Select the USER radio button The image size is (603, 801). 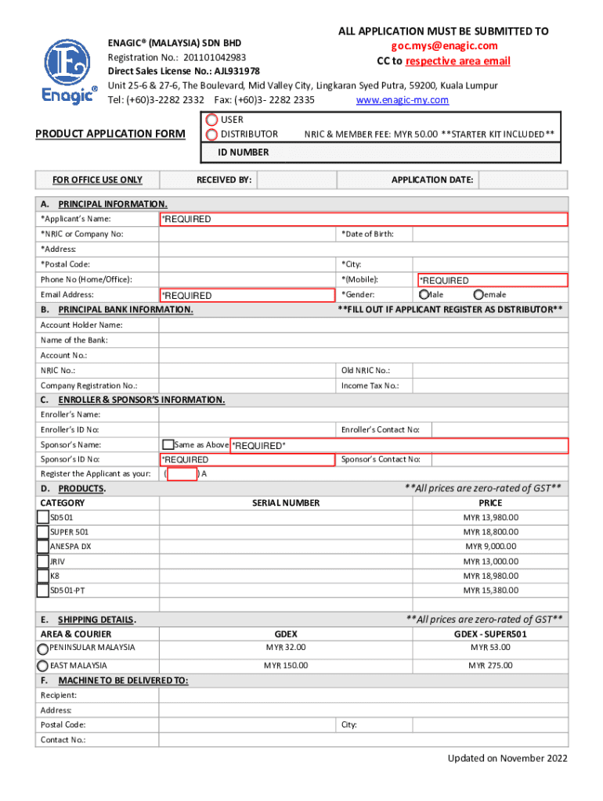click(211, 120)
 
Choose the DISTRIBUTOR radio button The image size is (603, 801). click(211, 135)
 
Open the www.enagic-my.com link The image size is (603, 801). click(402, 100)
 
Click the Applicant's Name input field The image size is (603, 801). click(363, 219)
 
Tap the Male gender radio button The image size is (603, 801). click(424, 294)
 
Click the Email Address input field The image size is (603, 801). click(247, 295)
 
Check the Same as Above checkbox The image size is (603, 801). click(168, 444)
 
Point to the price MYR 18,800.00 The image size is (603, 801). click(490, 532)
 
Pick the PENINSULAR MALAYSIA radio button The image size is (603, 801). click(43, 648)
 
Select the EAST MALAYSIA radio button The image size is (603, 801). click(43, 666)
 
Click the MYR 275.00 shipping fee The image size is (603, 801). click(490, 666)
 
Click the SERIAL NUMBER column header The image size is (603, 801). click(286, 503)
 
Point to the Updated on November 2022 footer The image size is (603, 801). click(507, 759)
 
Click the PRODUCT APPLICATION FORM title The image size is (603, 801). click(110, 134)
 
